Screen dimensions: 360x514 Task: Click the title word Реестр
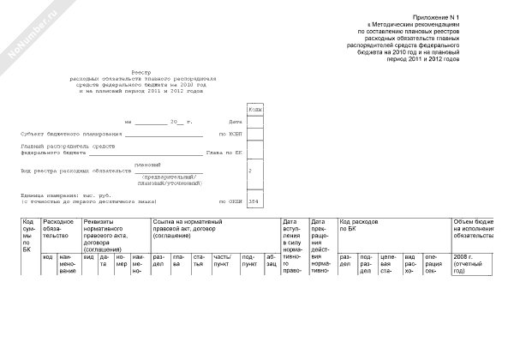click(x=140, y=73)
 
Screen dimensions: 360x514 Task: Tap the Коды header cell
click(x=255, y=110)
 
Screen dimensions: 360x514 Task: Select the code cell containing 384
click(x=253, y=202)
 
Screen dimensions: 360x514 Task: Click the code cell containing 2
click(x=249, y=171)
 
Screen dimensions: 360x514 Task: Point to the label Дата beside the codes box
click(x=236, y=122)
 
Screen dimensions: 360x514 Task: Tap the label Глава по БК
click(x=224, y=153)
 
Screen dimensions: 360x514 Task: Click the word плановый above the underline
click(x=147, y=163)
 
